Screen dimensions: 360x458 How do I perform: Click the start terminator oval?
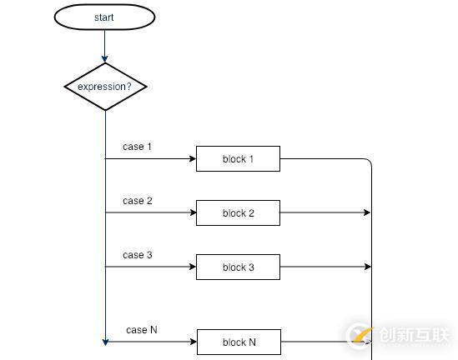pos(104,17)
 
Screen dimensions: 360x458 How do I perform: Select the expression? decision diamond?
pos(105,86)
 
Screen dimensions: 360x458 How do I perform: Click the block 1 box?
pos(238,159)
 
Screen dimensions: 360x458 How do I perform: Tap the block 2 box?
pos(238,213)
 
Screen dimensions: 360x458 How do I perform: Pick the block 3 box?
pos(238,267)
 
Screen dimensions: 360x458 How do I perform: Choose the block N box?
pos(239,342)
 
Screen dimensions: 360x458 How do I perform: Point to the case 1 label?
pos(138,147)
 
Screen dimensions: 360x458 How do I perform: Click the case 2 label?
pos(138,201)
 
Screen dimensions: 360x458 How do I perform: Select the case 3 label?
pos(138,255)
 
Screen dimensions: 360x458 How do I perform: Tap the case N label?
pos(142,330)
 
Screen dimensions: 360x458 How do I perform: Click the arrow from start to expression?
pos(105,46)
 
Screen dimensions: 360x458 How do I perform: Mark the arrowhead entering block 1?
pos(192,159)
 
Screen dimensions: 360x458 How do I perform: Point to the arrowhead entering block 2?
pos(192,213)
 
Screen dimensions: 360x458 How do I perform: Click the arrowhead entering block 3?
pos(192,267)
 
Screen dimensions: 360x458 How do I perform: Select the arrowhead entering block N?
pos(193,342)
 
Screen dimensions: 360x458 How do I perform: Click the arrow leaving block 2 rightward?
pos(325,213)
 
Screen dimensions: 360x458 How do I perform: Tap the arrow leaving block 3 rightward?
pos(325,267)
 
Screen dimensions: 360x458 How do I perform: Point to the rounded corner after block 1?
pos(367,162)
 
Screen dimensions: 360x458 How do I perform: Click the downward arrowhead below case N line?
pos(105,341)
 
